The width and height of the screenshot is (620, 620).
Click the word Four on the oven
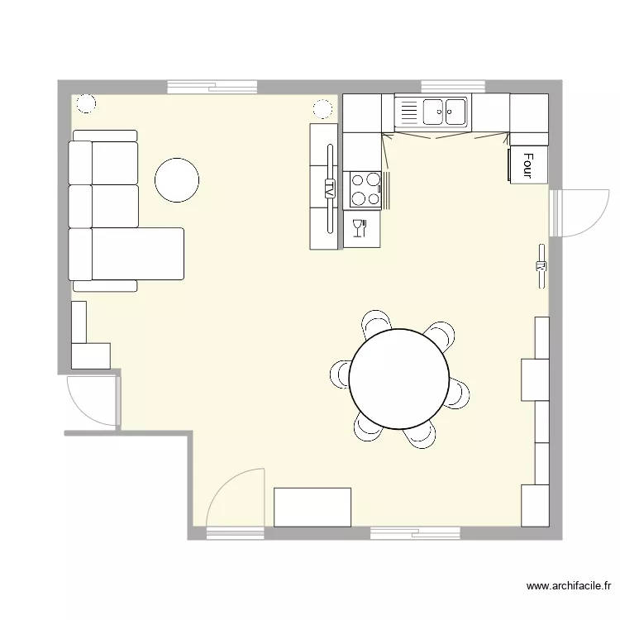click(x=528, y=165)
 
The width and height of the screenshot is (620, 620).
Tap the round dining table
click(x=399, y=379)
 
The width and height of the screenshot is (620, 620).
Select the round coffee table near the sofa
click(x=177, y=180)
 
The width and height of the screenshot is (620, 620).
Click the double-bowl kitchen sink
click(x=445, y=112)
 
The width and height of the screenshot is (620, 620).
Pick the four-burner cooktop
click(x=365, y=190)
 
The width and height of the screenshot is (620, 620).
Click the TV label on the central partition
click(x=329, y=187)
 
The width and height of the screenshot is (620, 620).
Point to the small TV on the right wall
click(x=541, y=266)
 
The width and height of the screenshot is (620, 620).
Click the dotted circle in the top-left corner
click(x=86, y=104)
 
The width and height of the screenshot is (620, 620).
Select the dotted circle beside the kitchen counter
click(x=322, y=109)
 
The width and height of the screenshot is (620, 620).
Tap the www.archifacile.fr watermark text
click(x=568, y=585)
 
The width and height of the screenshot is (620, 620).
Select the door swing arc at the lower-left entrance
click(x=81, y=410)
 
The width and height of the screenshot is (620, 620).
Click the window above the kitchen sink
click(x=453, y=87)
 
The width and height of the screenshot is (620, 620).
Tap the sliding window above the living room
click(x=212, y=87)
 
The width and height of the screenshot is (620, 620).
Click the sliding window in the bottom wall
click(x=415, y=533)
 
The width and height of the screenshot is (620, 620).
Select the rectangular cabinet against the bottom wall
click(x=312, y=508)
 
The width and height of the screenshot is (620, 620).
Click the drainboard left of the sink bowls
click(x=409, y=112)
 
